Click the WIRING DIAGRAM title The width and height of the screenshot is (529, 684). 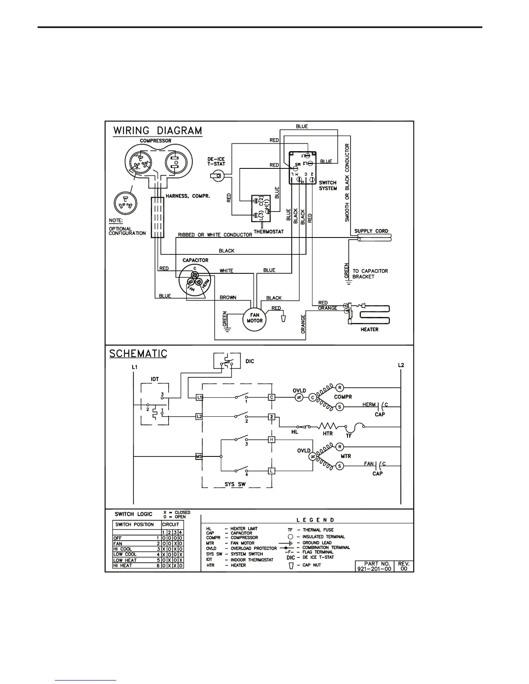pyautogui.click(x=157, y=130)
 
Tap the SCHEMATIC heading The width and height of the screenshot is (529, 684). pyautogui.click(x=138, y=354)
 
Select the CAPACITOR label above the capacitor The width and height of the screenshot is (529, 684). pyautogui.click(x=195, y=260)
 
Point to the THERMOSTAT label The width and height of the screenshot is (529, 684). pyautogui.click(x=269, y=231)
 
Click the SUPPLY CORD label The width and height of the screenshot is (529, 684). pyautogui.click(x=371, y=231)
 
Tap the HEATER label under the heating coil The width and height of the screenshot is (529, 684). pyautogui.click(x=369, y=329)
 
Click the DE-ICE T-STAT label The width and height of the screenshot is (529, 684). pyautogui.click(x=216, y=161)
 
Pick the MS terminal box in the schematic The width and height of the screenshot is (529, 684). pyautogui.click(x=199, y=456)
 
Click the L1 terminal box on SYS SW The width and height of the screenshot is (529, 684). pyautogui.click(x=199, y=397)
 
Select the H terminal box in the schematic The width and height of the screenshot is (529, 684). pyautogui.click(x=271, y=440)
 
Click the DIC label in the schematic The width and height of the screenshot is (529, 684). pyautogui.click(x=250, y=361)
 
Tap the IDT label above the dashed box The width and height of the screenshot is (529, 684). pyautogui.click(x=155, y=379)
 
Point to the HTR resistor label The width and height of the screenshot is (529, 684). pyautogui.click(x=328, y=433)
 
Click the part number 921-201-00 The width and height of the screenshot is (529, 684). pyautogui.click(x=374, y=569)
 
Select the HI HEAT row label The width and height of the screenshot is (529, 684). pyautogui.click(x=123, y=566)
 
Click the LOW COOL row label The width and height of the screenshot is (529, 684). pyautogui.click(x=125, y=554)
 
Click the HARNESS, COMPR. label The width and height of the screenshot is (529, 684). pyautogui.click(x=188, y=196)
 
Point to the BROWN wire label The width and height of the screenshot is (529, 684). pyautogui.click(x=228, y=298)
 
